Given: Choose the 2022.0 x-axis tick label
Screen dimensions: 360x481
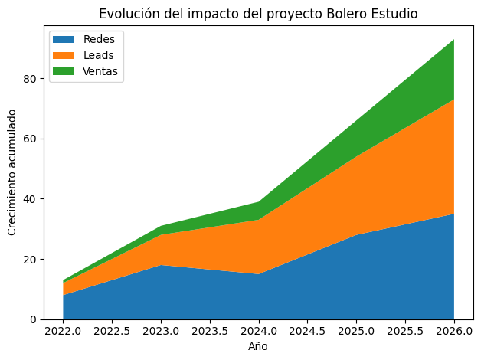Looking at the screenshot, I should pyautogui.click(x=64, y=333).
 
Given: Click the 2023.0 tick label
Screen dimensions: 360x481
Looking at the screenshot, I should pyautogui.click(x=161, y=333).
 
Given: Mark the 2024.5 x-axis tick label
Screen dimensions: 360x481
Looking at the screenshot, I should pyautogui.click(x=307, y=333).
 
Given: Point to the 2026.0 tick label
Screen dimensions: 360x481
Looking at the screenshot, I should pyautogui.click(x=454, y=333).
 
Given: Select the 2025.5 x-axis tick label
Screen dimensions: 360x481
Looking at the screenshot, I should pyautogui.click(x=405, y=333).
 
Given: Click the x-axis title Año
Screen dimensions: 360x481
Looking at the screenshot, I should pyautogui.click(x=259, y=347).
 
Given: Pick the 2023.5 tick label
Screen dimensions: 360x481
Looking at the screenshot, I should pyautogui.click(x=210, y=333).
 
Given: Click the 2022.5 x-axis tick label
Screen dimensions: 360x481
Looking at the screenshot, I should pyautogui.click(x=113, y=333).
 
